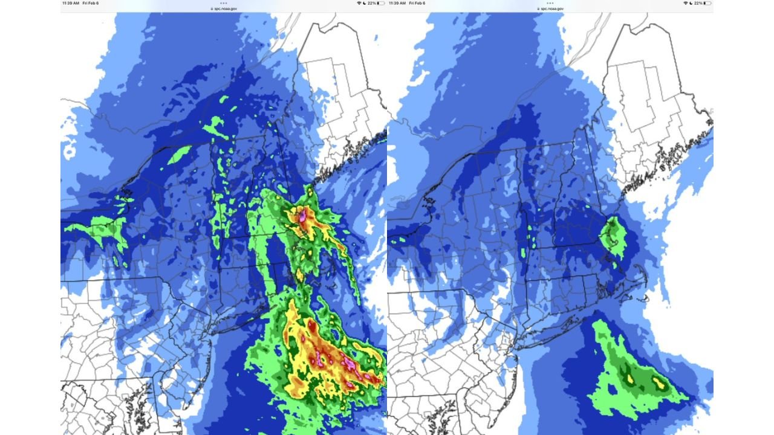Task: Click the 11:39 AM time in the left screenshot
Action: pos(70,3)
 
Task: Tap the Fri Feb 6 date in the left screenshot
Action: pos(90,3)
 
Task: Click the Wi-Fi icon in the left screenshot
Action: pos(359,3)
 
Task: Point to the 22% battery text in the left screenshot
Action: pos(372,3)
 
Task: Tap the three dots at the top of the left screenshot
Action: pos(224,2)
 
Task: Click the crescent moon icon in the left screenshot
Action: pos(365,3)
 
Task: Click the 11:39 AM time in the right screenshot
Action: pos(397,3)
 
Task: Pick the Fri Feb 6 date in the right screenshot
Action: pos(417,3)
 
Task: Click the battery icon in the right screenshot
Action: pos(707,3)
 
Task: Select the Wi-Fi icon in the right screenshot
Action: pos(686,3)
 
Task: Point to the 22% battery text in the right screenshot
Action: pos(698,3)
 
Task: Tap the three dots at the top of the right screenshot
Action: pos(550,2)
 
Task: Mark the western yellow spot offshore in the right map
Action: pos(630,378)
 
